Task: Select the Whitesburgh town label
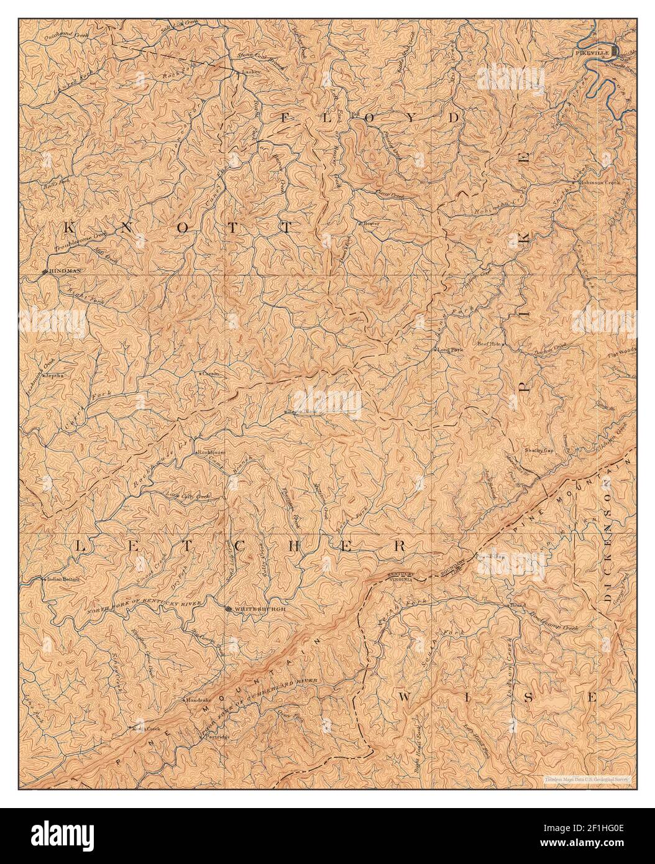(260, 609)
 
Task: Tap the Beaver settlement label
(370, 222)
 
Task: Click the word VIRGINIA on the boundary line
(411, 576)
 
